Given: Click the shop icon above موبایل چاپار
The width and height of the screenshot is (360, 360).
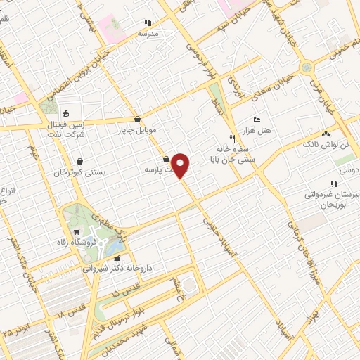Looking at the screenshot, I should pos(138,118).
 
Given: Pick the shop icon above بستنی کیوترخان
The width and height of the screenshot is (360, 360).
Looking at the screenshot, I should pos(79,160).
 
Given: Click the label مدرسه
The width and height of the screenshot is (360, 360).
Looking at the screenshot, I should pos(148,33).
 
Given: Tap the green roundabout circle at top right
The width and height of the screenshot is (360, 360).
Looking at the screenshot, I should pos(307,68).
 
